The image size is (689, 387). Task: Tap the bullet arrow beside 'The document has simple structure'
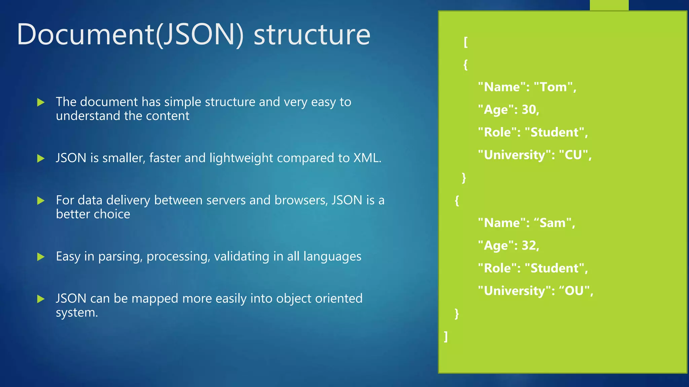41,102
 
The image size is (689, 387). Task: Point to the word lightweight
241,158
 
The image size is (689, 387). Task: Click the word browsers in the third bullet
300,200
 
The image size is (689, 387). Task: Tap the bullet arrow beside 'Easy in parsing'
41,257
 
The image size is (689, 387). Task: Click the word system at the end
76,312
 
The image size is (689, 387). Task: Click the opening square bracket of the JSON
466,42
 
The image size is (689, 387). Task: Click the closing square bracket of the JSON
446,336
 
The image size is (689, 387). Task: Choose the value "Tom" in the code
554,87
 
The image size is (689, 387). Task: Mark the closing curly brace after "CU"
464,177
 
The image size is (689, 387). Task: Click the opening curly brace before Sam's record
457,201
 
